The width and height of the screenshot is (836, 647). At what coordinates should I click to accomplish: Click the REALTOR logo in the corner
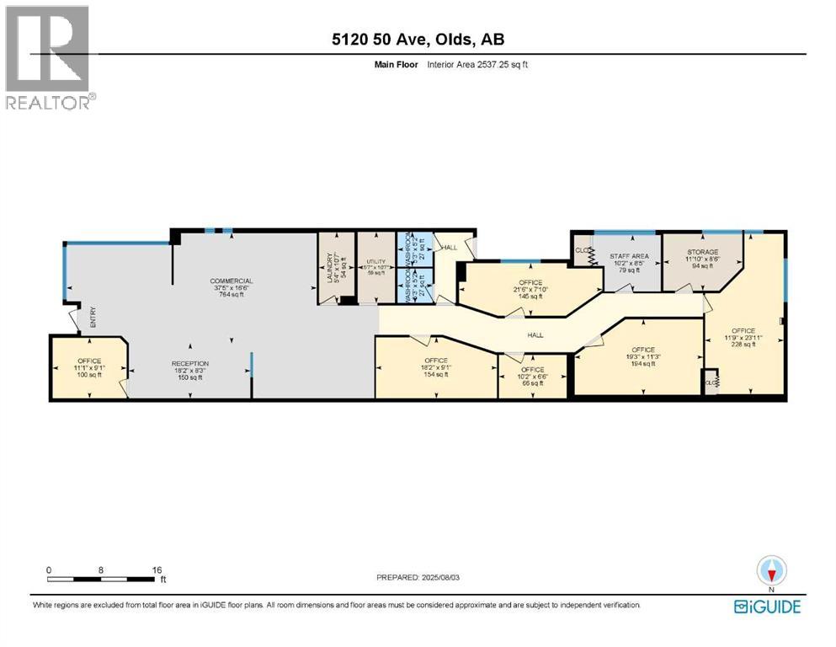click(49, 57)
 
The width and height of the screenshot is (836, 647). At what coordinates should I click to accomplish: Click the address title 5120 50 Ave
click(417, 40)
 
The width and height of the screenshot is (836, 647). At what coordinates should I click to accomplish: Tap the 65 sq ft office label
click(531, 376)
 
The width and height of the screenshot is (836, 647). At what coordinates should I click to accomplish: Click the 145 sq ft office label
click(530, 289)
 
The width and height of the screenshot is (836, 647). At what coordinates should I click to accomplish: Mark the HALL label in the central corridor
click(535, 334)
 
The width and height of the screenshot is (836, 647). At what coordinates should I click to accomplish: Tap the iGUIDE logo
click(766, 607)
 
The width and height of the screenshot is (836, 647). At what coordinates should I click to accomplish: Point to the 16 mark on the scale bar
click(156, 569)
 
